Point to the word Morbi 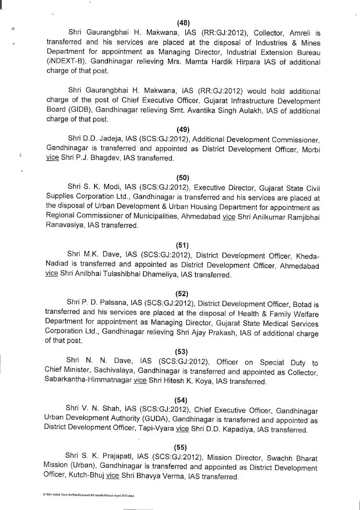pos(309,149)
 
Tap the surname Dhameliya pos(159,275)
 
